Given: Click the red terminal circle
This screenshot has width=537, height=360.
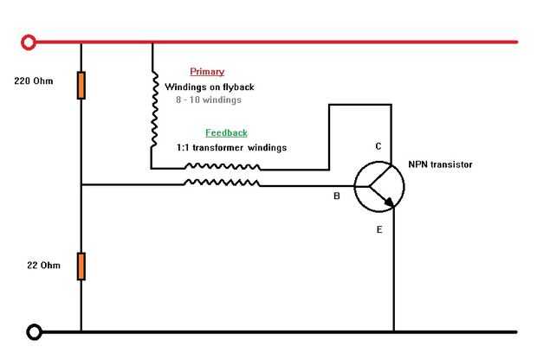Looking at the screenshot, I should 29,42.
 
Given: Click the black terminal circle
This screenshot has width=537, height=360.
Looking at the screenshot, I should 35,331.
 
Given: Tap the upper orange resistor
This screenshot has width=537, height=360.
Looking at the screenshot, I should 81,85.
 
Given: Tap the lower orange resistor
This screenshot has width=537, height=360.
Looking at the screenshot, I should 81,266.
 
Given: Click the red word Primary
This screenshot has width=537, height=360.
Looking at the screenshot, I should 207,72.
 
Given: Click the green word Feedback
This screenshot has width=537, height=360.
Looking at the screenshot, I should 226,132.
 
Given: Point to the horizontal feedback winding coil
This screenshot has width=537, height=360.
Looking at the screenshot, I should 221,183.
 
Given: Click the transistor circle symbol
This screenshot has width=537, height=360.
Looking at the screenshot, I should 379,184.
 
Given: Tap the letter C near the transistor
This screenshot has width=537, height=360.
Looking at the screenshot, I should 378,146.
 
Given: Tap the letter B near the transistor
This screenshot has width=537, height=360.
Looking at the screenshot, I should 337,196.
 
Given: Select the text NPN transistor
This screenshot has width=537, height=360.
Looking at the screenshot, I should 441,164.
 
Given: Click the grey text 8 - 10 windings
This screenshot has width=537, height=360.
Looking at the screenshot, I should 209,100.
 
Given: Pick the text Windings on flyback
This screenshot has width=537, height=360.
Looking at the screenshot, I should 210,87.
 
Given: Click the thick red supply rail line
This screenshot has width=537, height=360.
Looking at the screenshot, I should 303,42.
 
